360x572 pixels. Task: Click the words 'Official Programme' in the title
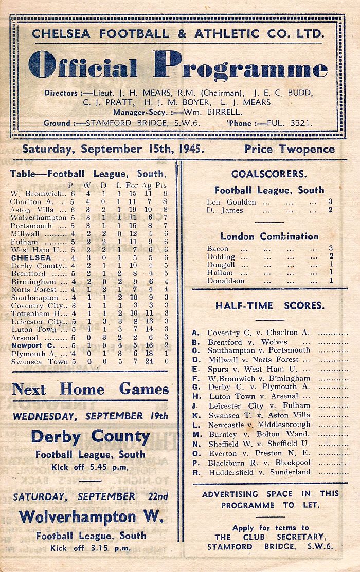click(x=178, y=68)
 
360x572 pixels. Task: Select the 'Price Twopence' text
click(x=289, y=149)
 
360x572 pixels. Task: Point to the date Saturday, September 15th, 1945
click(x=113, y=149)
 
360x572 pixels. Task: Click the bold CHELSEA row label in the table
click(x=31, y=257)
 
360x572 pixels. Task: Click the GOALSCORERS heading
click(x=269, y=174)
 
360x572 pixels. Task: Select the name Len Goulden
click(x=231, y=202)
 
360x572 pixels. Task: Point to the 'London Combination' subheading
click(x=269, y=236)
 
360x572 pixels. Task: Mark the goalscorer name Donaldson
click(x=226, y=281)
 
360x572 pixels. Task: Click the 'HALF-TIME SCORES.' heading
click(x=269, y=305)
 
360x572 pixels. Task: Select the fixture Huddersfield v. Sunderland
click(x=259, y=472)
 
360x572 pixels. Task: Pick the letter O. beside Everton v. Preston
click(x=195, y=453)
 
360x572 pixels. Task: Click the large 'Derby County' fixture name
click(x=90, y=437)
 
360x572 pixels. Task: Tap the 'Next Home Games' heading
click(x=90, y=389)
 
